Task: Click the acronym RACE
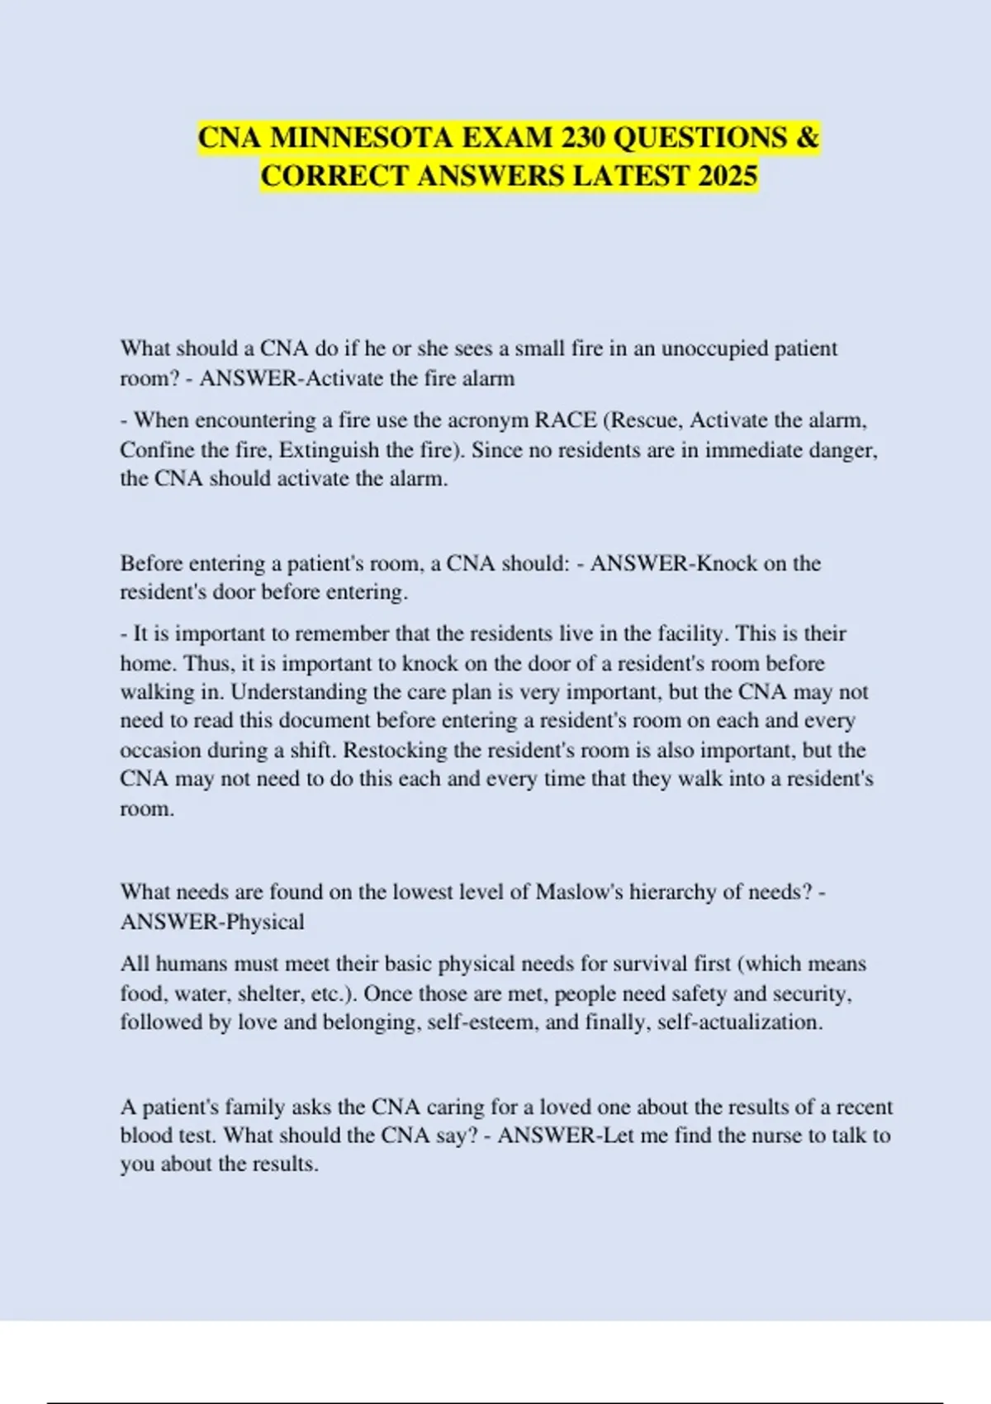click(x=566, y=420)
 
